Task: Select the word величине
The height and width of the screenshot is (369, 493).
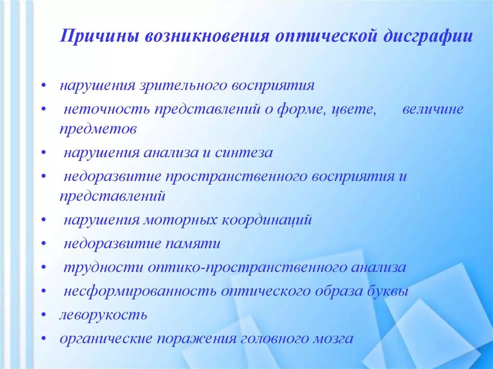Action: pyautogui.click(x=433, y=110)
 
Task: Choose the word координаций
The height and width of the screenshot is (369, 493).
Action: pyautogui.click(x=267, y=220)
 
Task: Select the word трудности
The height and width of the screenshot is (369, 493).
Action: pyautogui.click(x=103, y=267)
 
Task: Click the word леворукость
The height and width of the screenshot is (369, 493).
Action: pyautogui.click(x=103, y=315)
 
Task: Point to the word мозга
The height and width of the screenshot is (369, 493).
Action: pyautogui.click(x=333, y=338)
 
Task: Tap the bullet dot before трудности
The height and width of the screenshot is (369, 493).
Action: pyautogui.click(x=44, y=268)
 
